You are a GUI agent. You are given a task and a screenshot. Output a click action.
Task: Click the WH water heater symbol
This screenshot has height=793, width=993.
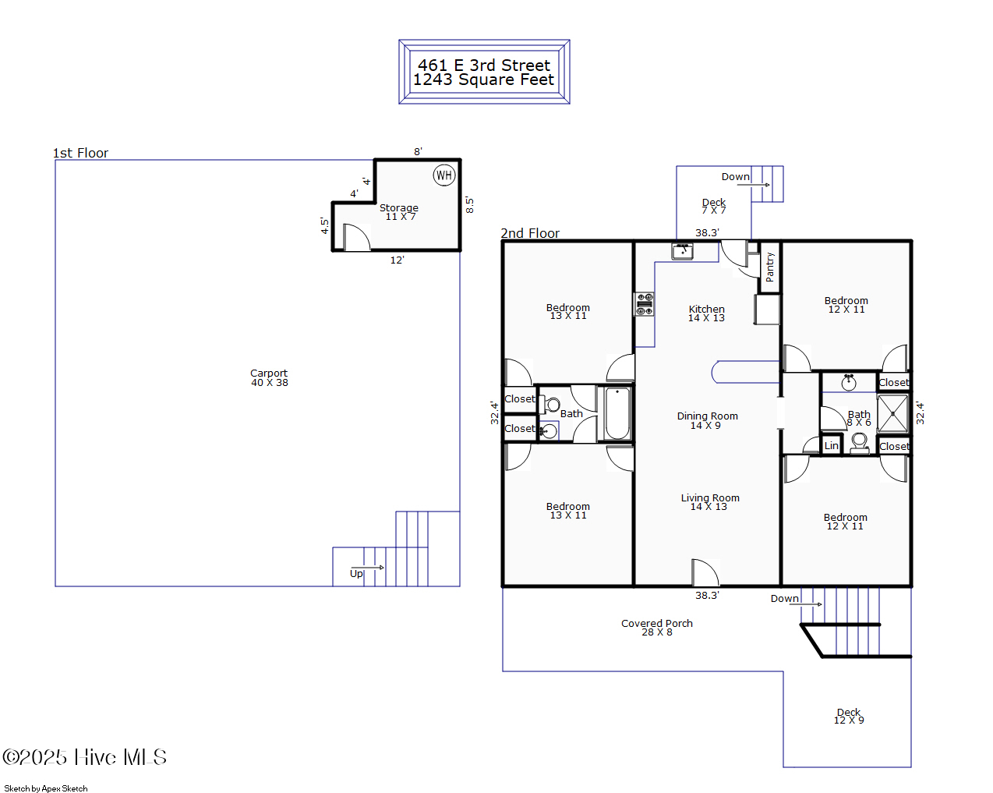(x=443, y=175)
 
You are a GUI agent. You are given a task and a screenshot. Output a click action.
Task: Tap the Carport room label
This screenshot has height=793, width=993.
(x=269, y=378)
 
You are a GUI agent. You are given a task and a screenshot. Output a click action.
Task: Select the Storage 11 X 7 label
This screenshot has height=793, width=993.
(x=399, y=212)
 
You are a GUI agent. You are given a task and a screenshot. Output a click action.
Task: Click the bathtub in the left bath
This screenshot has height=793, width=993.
(x=617, y=413)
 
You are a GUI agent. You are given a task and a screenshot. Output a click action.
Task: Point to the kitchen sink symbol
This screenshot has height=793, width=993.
(x=683, y=251)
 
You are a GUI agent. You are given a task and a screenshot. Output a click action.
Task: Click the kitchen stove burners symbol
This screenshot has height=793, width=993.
(x=645, y=304)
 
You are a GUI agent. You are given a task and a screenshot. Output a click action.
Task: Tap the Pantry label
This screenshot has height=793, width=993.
(x=770, y=267)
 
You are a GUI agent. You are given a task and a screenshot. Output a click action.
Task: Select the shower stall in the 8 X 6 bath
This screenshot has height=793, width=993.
(x=892, y=413)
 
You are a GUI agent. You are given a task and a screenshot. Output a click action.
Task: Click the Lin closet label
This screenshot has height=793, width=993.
(x=832, y=446)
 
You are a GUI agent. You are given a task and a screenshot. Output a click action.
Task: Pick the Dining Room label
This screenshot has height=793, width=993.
(x=707, y=420)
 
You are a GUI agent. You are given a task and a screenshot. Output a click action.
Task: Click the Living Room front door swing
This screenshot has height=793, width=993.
(x=705, y=573)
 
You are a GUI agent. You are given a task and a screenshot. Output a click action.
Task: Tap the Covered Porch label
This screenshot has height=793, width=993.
(x=656, y=628)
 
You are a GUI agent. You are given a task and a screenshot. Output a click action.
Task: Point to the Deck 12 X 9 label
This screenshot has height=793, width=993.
(x=849, y=716)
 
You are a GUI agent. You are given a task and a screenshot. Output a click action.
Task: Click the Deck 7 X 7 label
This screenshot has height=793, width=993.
(x=713, y=206)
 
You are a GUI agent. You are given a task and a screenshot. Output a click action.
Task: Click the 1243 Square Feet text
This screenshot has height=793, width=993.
(x=483, y=80)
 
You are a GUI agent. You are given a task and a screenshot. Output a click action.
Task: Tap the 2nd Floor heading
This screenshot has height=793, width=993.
(x=530, y=233)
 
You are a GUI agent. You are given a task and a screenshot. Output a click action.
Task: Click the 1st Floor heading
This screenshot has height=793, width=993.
(x=80, y=153)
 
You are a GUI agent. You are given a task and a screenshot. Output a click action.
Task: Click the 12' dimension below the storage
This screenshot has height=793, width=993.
(x=397, y=260)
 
